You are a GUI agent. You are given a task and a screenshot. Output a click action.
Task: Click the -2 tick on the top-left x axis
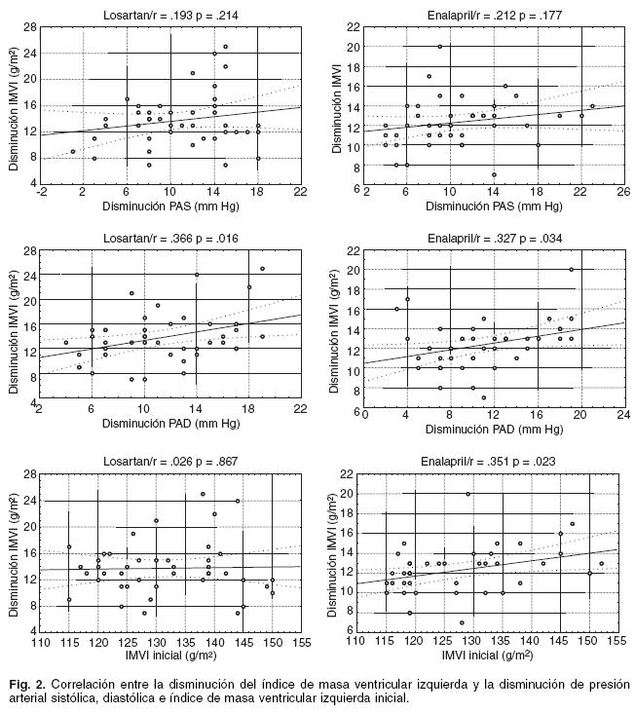[41, 193]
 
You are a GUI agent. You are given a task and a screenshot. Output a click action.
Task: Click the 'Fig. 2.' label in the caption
[26, 683]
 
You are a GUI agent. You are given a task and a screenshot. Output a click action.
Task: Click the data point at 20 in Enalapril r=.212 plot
[440, 46]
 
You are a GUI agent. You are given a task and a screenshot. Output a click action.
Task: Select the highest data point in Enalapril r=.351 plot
[468, 494]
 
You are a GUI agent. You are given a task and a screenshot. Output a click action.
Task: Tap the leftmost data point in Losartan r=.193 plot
[73, 152]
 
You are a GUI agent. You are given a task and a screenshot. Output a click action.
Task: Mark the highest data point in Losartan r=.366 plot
[262, 269]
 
